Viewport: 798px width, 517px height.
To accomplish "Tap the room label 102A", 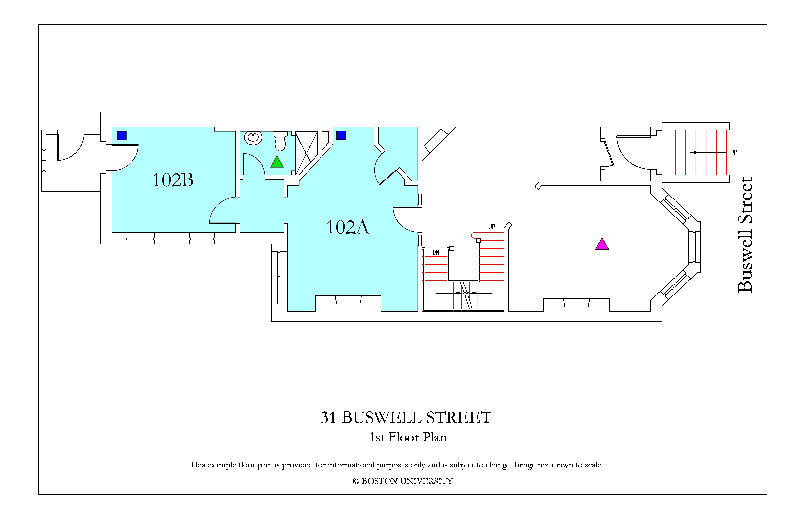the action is pos(348,227).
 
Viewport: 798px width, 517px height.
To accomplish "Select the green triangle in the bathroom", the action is pos(277,162).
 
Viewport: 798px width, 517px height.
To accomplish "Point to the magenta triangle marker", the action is pos(602,244).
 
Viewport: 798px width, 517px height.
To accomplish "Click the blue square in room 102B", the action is pos(122,136).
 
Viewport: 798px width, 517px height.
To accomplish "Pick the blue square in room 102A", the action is pos(341,135).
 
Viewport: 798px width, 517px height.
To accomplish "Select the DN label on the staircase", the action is pos(436,252).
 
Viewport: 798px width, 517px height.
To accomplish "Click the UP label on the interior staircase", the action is pos(491,227).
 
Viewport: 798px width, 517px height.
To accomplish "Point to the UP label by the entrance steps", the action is pos(734,152).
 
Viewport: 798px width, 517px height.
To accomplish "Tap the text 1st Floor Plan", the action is pos(408,437).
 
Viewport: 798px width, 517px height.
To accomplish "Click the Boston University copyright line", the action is pos(402,481).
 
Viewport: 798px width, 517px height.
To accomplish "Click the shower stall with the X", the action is pos(306,153).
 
